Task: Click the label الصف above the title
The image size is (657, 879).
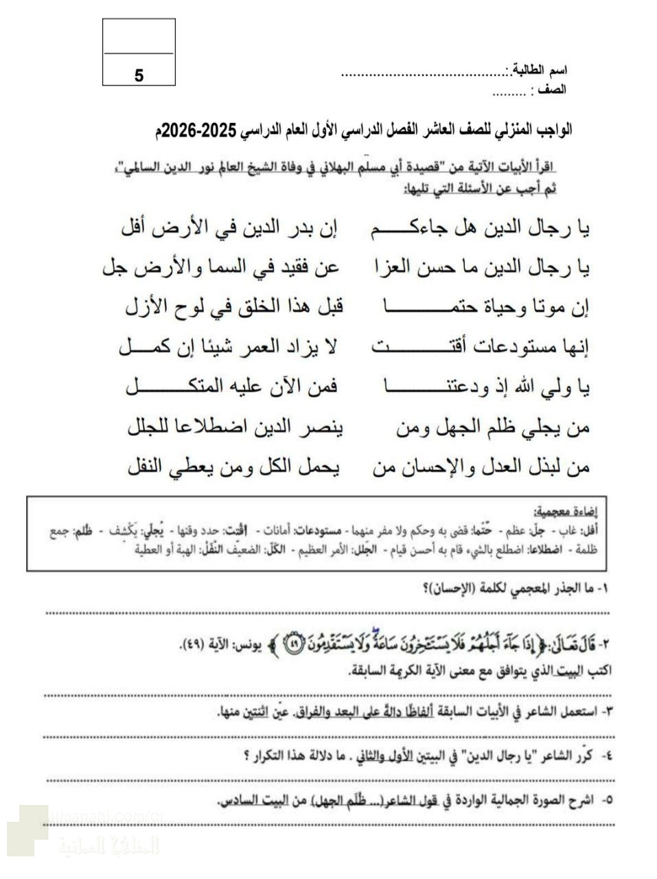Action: (x=552, y=89)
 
